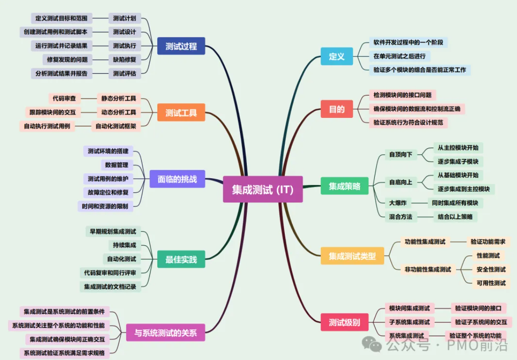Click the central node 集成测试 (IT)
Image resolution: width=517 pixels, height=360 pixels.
(262, 189)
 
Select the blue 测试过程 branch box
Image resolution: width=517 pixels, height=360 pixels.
(181, 46)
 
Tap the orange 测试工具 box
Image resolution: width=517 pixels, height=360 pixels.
(181, 112)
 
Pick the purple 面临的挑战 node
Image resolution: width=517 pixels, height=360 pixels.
(177, 179)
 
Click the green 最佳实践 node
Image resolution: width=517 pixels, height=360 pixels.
(181, 259)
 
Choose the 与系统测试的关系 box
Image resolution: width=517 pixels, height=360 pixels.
(165, 333)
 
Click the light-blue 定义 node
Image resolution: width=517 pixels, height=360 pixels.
(336, 57)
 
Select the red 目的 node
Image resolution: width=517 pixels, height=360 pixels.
(336, 109)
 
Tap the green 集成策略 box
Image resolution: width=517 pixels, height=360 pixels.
(345, 186)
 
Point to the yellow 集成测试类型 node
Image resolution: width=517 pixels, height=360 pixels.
(352, 256)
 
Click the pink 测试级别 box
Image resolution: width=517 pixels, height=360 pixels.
(344, 323)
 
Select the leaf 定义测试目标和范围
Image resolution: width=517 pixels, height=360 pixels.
(62, 18)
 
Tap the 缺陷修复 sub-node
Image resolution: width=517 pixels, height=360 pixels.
(125, 59)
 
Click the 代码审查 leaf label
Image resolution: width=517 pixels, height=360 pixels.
(64, 98)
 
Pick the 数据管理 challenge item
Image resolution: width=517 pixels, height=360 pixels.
(117, 165)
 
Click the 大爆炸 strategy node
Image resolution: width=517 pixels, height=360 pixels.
(397, 203)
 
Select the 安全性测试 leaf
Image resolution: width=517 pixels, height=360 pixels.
(491, 269)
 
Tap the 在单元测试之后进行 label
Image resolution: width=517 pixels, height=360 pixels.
(399, 56)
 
